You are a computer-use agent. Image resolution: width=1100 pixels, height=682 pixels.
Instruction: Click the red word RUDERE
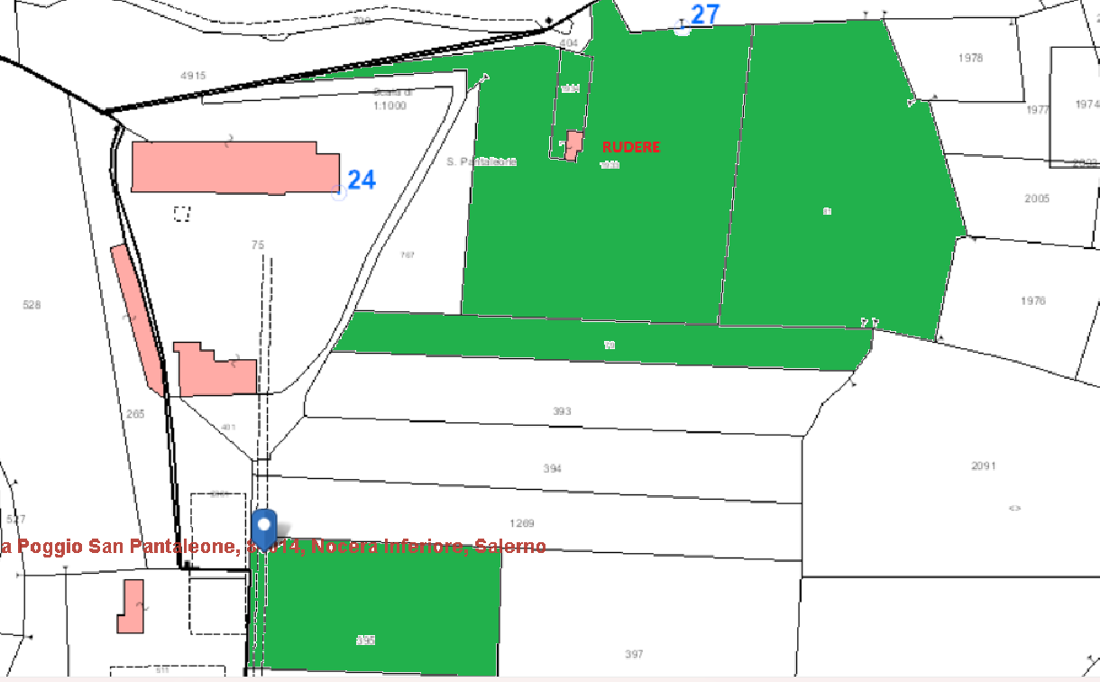coord(631,147)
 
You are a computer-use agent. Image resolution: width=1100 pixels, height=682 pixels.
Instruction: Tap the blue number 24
coord(361,180)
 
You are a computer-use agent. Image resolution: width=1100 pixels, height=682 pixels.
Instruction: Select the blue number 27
coord(705,14)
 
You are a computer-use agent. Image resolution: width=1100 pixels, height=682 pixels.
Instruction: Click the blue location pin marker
coord(264,528)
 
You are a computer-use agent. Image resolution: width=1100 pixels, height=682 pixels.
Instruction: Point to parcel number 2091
coord(984,466)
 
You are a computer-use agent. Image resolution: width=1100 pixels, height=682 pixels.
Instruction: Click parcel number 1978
coord(970,58)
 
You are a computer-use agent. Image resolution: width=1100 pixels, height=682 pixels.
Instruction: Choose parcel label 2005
coord(1037,198)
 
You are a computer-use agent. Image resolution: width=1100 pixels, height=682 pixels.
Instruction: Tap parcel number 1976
coord(1033,300)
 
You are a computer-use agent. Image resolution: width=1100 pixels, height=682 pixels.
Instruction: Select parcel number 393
coord(563,411)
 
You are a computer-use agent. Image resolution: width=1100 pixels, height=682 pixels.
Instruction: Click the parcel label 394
coord(553,468)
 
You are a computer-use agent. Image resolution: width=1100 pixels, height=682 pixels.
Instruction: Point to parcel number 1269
coord(522,523)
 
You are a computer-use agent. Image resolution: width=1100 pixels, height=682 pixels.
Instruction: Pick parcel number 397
coord(634,654)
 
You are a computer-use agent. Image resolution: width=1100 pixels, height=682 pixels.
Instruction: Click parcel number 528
coord(32,305)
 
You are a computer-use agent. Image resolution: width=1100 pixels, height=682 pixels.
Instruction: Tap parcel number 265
coord(135,414)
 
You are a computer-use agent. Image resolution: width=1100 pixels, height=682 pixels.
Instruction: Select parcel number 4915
coord(193,76)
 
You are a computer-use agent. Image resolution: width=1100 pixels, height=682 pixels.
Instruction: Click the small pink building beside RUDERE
coord(572,145)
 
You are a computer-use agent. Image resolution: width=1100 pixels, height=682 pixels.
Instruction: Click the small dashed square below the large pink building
coord(183,214)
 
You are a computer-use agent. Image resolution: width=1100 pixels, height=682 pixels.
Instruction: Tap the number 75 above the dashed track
coord(258,245)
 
